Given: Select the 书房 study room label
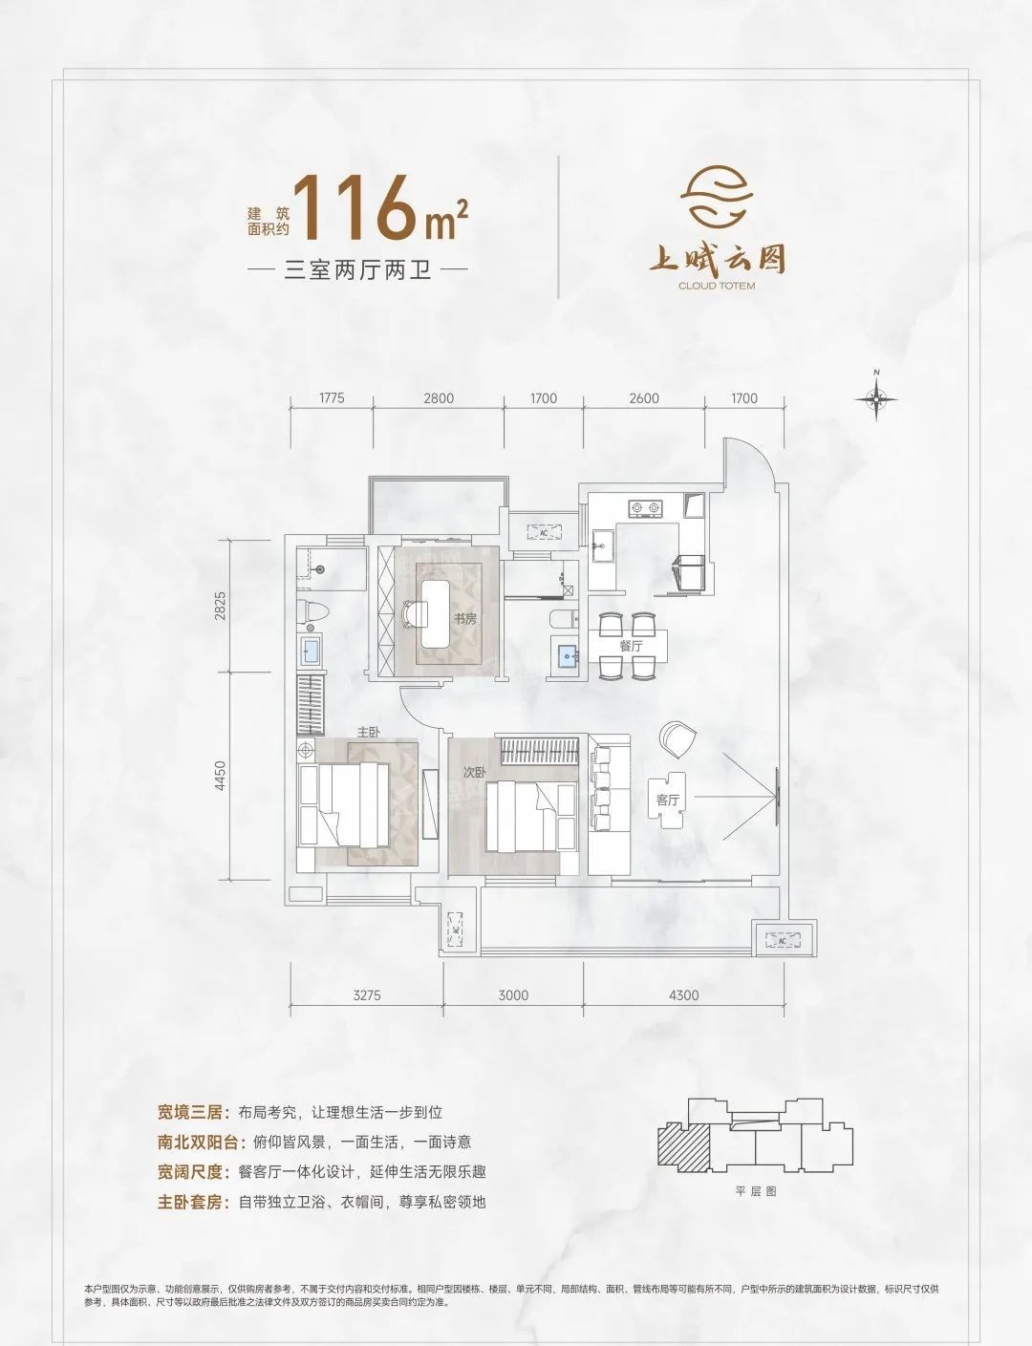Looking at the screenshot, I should click(x=464, y=619).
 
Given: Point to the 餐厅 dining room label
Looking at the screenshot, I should click(x=631, y=647).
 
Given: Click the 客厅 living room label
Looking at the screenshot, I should click(x=668, y=800).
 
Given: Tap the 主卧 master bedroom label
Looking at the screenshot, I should click(x=369, y=732).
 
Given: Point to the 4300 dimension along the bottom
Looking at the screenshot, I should click(x=683, y=995).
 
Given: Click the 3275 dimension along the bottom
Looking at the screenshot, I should click(x=367, y=995).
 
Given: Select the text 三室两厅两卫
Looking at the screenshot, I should click(x=358, y=270).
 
